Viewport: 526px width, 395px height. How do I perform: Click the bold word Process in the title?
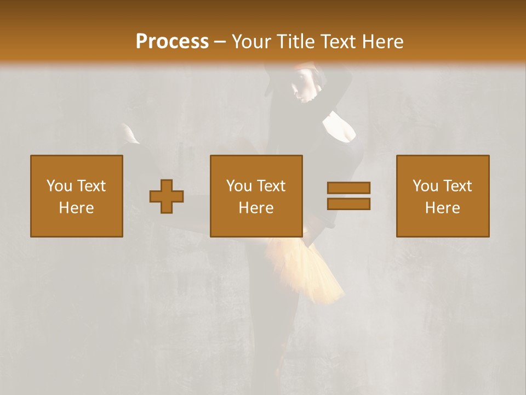(172, 42)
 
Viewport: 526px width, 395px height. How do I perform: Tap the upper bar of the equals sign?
(348, 188)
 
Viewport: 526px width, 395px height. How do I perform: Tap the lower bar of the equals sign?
(348, 204)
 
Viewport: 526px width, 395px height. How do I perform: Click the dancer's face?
(302, 88)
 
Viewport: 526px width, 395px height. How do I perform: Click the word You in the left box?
(59, 186)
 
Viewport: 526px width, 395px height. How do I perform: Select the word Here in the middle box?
(256, 208)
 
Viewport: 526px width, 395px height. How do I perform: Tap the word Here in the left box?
(77, 208)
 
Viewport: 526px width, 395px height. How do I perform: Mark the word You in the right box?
(425, 186)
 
